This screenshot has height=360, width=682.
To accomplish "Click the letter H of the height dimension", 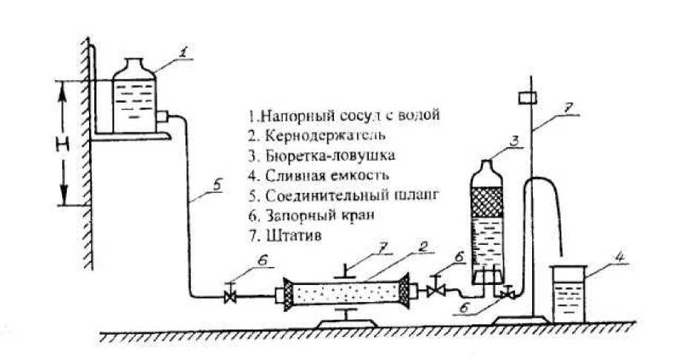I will click(68, 143).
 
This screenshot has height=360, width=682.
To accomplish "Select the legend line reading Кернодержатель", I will click(305, 136).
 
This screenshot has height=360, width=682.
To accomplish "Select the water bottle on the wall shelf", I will click(135, 96).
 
